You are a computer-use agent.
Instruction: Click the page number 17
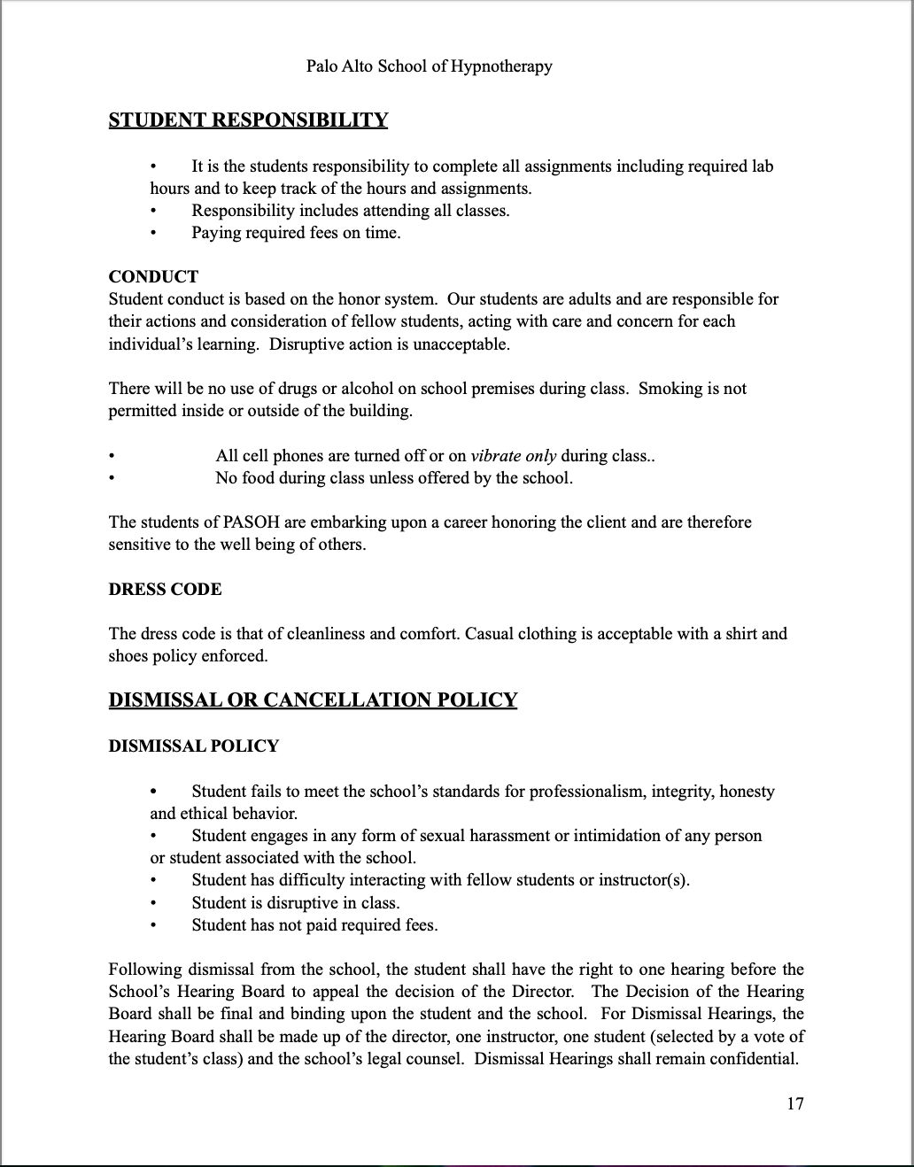pyautogui.click(x=794, y=1103)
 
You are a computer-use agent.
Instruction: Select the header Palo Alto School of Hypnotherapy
pyautogui.click(x=429, y=66)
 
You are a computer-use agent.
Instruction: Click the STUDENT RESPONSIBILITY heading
pyautogui.click(x=248, y=120)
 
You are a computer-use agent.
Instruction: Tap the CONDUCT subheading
pyautogui.click(x=153, y=276)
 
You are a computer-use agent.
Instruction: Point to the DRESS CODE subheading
pyautogui.click(x=165, y=589)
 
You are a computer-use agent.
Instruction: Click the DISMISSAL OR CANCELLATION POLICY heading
pyautogui.click(x=313, y=700)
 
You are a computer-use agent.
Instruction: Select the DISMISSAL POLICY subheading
pyautogui.click(x=193, y=746)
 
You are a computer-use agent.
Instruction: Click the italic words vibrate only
pyautogui.click(x=514, y=456)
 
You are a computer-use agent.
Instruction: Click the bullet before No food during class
pyautogui.click(x=112, y=478)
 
